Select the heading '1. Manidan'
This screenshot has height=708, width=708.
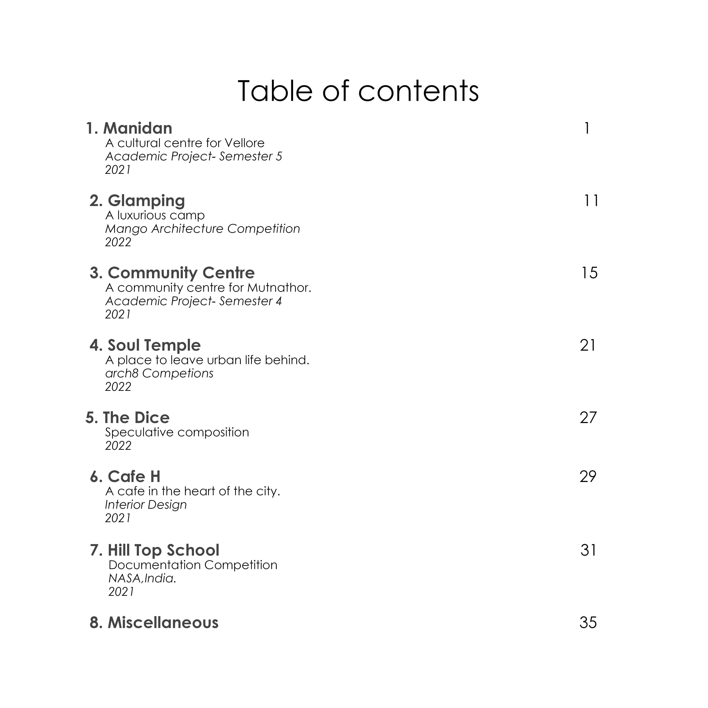[129, 128]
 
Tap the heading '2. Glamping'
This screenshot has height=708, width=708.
[137, 201]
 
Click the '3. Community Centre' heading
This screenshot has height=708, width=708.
[172, 273]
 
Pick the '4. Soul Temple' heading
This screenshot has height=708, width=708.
[145, 345]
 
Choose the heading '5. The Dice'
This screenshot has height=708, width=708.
[127, 418]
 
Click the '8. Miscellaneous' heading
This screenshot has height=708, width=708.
[154, 623]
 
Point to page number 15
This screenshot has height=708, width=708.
[589, 273]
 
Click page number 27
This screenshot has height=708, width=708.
[588, 418]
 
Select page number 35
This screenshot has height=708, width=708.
[588, 623]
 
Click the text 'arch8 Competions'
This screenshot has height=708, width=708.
[159, 373]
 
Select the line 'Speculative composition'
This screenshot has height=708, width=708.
[177, 432]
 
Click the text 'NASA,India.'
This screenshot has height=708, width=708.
[142, 578]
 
